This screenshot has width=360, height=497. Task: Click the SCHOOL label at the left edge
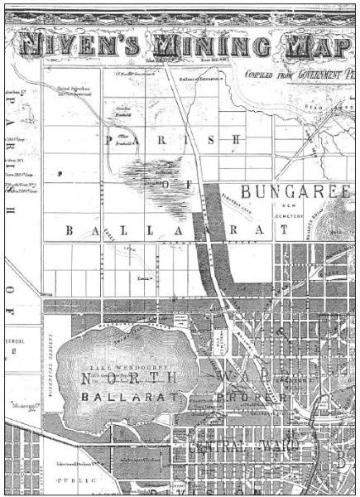[17, 340]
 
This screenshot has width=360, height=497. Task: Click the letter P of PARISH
[108, 141]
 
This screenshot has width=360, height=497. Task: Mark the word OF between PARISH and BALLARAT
[170, 183]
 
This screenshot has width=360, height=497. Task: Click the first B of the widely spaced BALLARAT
[70, 229]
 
